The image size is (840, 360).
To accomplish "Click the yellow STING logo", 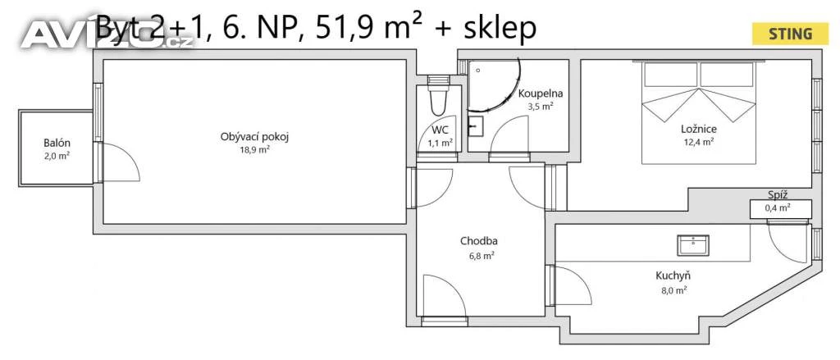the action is (x=790, y=34).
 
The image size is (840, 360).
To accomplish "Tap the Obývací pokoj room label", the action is (x=254, y=137).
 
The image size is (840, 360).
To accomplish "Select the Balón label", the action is (x=57, y=144).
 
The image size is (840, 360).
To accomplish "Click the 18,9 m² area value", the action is (x=254, y=150).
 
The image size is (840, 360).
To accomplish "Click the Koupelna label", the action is (x=541, y=94).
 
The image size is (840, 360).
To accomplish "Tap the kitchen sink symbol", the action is (x=692, y=245).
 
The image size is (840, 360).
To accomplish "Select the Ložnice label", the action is (x=699, y=129).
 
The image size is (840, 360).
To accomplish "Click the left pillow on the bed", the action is (x=671, y=75).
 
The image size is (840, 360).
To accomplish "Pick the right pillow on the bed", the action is (x=727, y=75).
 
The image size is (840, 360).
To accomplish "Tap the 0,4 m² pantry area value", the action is (x=779, y=207).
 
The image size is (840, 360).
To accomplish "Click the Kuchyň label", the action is (x=673, y=276).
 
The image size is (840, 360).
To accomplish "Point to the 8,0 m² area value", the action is (x=673, y=290).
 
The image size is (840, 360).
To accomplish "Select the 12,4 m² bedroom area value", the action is (x=699, y=142).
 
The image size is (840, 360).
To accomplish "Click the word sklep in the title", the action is (x=500, y=29).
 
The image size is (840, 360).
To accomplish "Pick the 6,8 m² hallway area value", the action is (x=481, y=256).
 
